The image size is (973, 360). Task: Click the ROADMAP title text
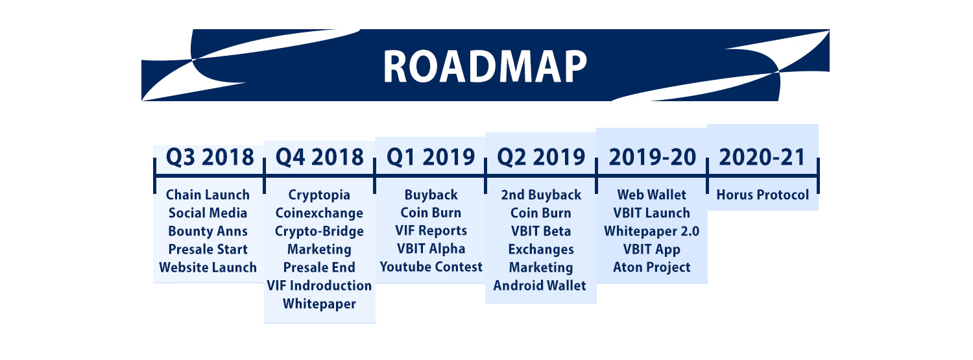click(485, 66)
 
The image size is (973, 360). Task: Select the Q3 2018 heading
click(210, 157)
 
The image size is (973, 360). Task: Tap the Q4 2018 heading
click(320, 157)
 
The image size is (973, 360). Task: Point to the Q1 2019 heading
click(431, 157)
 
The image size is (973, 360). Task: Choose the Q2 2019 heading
click(541, 157)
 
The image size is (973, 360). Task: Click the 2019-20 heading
click(653, 157)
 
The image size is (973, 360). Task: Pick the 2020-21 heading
click(762, 157)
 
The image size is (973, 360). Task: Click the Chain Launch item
click(208, 195)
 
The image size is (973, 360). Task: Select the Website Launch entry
click(208, 267)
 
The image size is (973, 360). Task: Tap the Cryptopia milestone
click(319, 195)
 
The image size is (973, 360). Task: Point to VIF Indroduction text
click(319, 285)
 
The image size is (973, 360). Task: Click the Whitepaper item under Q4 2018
click(319, 304)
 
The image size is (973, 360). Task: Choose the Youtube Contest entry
click(431, 267)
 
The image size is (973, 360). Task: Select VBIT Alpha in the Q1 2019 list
click(431, 249)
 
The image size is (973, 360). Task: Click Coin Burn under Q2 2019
click(541, 213)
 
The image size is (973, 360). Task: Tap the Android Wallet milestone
click(540, 285)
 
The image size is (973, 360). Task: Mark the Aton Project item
click(651, 267)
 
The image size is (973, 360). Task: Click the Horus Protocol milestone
click(763, 195)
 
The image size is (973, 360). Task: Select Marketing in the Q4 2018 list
click(319, 250)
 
